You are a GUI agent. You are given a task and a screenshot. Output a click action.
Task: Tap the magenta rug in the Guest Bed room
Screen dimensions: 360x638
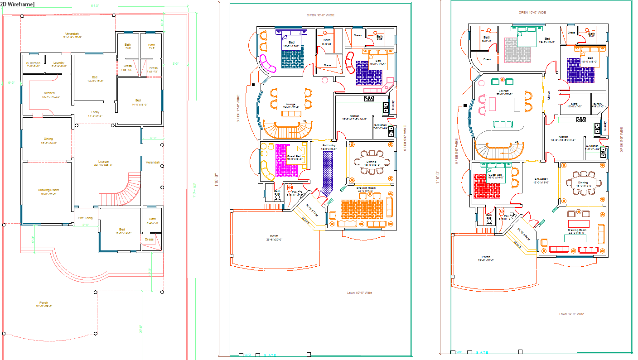286,161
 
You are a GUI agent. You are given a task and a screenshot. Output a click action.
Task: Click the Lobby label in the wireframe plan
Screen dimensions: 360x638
95,112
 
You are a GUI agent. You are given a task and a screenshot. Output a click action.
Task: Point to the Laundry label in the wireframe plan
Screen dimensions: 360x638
59,63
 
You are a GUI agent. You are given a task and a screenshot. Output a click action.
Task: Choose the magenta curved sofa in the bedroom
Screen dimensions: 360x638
268,64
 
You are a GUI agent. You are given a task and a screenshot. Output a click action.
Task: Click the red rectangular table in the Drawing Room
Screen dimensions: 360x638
579,224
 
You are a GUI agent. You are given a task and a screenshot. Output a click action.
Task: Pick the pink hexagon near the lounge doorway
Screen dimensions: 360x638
324,80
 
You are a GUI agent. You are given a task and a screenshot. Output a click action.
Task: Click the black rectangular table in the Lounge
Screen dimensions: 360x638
517,104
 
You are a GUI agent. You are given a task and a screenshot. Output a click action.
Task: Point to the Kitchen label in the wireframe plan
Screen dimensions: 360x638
49,93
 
